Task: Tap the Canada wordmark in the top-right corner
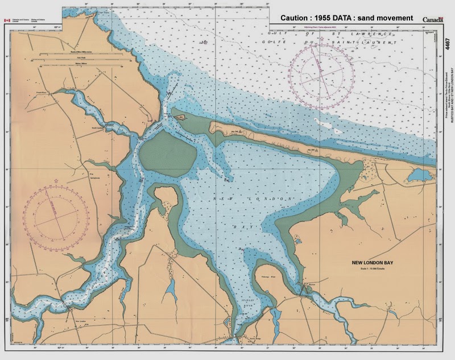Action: pos(433,19)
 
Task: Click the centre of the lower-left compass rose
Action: pos(57,214)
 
